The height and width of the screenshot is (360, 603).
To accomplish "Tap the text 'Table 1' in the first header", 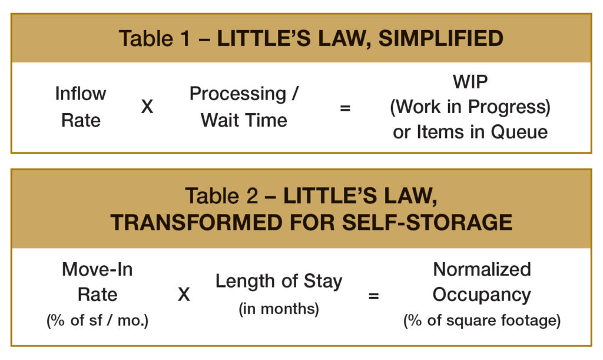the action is pos(154,38).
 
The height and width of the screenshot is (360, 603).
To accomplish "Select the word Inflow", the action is pos(80,94).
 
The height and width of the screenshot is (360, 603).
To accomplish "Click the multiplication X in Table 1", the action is pos(147,107).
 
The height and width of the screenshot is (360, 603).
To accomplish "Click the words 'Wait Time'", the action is pos(244,120).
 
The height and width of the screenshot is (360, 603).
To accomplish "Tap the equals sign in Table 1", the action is pos(345,108).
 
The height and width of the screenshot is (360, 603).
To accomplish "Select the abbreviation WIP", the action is pos(470,81).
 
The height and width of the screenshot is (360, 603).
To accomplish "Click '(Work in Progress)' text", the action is pos(470,107).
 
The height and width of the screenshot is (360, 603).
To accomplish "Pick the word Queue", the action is pos(519,132).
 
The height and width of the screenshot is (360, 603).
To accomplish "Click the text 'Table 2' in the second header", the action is pos(221,196).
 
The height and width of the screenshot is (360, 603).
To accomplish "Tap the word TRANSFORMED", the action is pos(197,223).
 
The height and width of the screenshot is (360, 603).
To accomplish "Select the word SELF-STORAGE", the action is pos(427,223).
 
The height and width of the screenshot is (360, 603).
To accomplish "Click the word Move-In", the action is pos(97,269).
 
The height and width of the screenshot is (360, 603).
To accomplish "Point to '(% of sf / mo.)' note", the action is pos(97,321).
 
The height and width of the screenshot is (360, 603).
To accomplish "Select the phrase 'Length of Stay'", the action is pos(279,282).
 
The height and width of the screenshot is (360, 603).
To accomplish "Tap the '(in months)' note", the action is pos(279,309).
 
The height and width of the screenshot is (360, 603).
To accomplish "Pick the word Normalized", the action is pos(482,269).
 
